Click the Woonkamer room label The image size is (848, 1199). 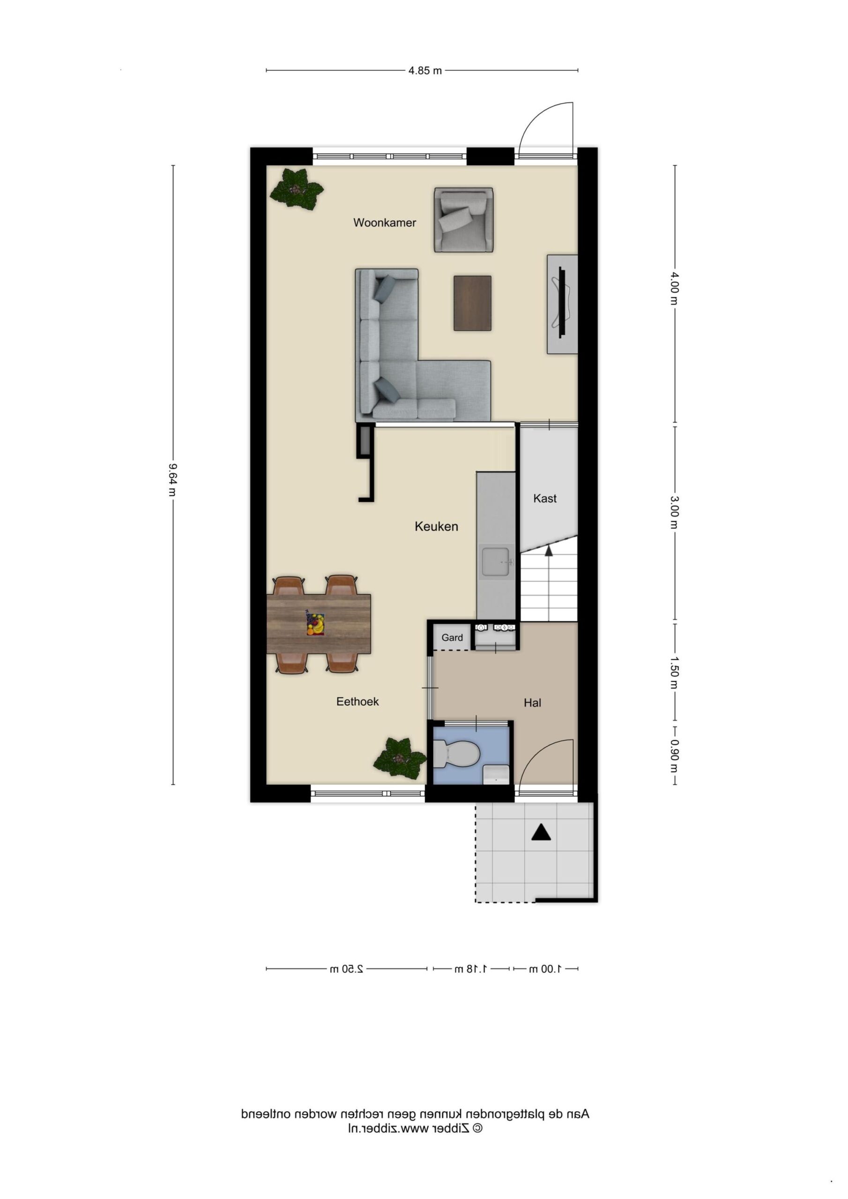[x=385, y=222]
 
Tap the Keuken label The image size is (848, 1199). [x=436, y=526]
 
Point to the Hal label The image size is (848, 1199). [x=532, y=703]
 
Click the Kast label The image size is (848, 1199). [x=545, y=498]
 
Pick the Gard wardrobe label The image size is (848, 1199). [x=452, y=637]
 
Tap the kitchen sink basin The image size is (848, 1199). [x=496, y=562]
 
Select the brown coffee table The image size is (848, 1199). [x=472, y=303]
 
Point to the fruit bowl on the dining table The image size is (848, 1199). [x=316, y=623]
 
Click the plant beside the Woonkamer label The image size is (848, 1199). [x=296, y=189]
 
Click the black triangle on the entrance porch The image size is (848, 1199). [x=541, y=832]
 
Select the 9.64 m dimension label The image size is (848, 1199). [x=173, y=480]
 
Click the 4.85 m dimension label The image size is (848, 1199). [x=425, y=71]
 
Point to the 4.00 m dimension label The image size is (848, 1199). [x=675, y=288]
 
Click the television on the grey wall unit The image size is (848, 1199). [x=562, y=303]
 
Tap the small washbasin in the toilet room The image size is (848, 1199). [x=496, y=775]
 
